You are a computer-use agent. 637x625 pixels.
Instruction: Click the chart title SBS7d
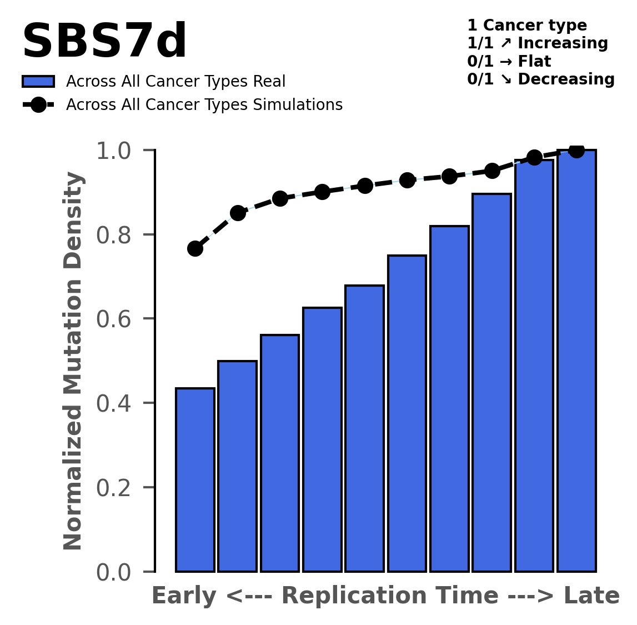click(104, 42)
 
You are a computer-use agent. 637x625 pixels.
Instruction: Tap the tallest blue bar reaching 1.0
click(576, 361)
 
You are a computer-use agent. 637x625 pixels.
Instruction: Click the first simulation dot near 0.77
click(195, 248)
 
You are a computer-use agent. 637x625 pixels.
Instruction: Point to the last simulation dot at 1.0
click(576, 151)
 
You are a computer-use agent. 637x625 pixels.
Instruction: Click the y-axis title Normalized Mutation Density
click(73, 361)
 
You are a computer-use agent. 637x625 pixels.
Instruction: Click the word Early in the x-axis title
click(185, 597)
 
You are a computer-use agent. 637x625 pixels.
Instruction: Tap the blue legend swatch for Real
click(38, 82)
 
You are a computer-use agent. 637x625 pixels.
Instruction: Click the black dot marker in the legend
click(38, 105)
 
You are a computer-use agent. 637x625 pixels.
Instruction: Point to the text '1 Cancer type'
click(526, 26)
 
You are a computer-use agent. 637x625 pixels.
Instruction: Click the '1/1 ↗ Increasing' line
click(537, 43)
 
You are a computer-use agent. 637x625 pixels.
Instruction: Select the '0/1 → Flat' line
click(509, 61)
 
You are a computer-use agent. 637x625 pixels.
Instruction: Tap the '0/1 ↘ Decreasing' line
click(540, 79)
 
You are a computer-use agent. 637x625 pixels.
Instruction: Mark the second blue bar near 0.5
click(237, 466)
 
